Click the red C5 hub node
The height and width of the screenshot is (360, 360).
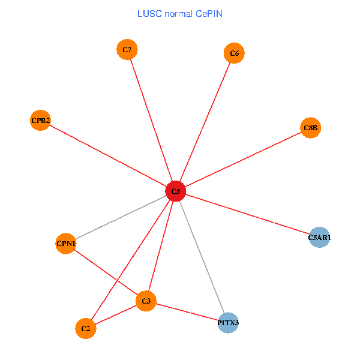tap(175, 191)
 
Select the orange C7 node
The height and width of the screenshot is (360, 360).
tap(127, 49)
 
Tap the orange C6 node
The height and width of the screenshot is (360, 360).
tap(234, 53)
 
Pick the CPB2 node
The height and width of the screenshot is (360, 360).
tap(40, 121)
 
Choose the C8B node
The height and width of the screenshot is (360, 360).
tap(310, 127)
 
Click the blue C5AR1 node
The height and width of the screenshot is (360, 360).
tap(319, 238)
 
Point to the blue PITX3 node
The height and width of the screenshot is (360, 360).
tap(228, 323)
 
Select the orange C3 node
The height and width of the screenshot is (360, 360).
tap(146, 301)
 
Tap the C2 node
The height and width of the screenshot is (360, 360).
tap(86, 328)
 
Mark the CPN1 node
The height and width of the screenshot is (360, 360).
tap(65, 243)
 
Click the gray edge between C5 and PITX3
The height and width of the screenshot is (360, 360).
tap(202, 257)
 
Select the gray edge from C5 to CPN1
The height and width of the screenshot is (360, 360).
tap(120, 217)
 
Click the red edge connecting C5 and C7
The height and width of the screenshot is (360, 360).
tap(151, 120)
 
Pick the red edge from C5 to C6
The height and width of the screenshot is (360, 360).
tap(205, 122)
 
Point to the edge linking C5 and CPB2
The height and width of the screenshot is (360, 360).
tap(108, 156)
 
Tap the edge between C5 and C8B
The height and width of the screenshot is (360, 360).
tap(243, 159)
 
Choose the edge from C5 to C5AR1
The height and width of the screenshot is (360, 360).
tap(247, 214)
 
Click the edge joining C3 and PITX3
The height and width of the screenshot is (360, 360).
tap(187, 312)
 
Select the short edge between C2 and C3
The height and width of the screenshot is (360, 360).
tap(116, 314)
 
